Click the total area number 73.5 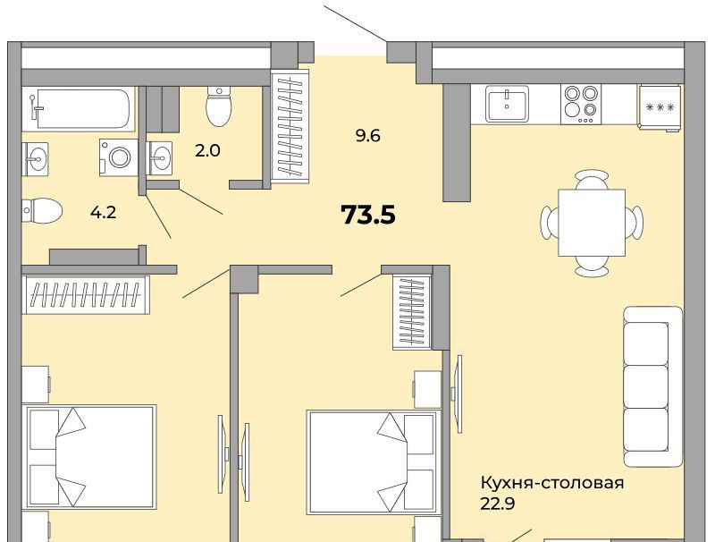pos(368,215)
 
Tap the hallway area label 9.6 pos(368,136)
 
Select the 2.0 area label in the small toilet pos(207,150)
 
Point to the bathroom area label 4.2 pos(103,212)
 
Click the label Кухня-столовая pos(552,483)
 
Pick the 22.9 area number pos(498,504)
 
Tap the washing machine pos(119,157)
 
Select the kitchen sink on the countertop pos(507,104)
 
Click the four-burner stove pos(580,105)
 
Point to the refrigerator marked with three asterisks pos(660,107)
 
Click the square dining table pos(592,223)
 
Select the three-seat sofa pos(652,386)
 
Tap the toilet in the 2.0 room pos(219,106)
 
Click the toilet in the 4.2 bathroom pos(41,210)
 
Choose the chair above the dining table pos(592,179)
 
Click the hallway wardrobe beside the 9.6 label pos(290,126)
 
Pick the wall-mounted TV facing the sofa pos(457,394)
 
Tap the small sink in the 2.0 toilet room pos(160,157)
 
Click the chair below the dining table pos(592,267)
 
